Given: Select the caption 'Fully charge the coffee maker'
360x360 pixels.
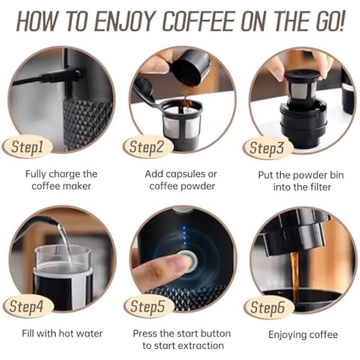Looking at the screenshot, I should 60,180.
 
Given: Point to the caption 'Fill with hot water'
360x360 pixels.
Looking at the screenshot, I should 62,334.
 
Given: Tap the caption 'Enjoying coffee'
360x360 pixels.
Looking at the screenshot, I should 303,335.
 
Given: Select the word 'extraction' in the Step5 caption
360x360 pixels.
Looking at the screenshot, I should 200,346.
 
